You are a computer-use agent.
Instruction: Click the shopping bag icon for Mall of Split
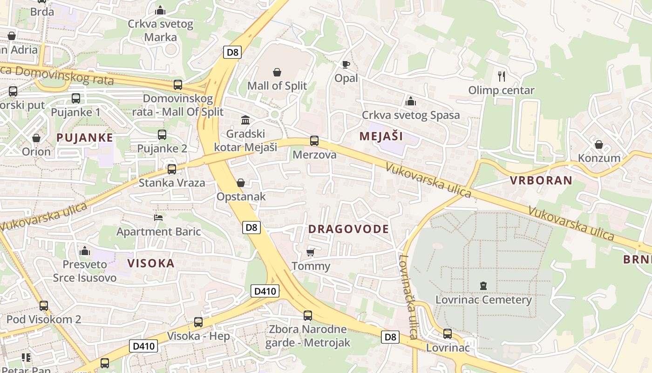pyautogui.click(x=277, y=72)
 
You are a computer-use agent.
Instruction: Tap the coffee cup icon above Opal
pyautogui.click(x=346, y=64)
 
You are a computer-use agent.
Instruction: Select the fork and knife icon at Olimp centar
pyautogui.click(x=502, y=76)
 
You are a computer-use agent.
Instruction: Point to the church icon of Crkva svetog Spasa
pyautogui.click(x=411, y=101)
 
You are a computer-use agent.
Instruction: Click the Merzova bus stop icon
pyautogui.click(x=314, y=141)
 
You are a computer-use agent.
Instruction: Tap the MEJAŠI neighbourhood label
pyautogui.click(x=381, y=137)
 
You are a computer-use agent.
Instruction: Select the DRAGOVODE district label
pyautogui.click(x=348, y=229)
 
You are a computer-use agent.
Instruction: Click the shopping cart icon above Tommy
pyautogui.click(x=311, y=253)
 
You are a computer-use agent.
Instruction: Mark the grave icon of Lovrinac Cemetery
pyautogui.click(x=483, y=286)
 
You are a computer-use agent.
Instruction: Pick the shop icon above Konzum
pyautogui.click(x=599, y=145)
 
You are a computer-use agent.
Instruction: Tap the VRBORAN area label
pyautogui.click(x=541, y=180)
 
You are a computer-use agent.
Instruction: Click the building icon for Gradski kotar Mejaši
pyautogui.click(x=245, y=120)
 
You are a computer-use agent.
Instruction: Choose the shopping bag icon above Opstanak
pyautogui.click(x=241, y=183)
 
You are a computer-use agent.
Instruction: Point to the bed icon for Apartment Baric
pyautogui.click(x=158, y=218)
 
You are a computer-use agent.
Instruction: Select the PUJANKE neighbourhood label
pyautogui.click(x=85, y=138)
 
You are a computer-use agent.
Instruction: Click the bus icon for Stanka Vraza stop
pyautogui.click(x=172, y=169)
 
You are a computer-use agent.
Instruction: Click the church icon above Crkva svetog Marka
pyautogui.click(x=160, y=10)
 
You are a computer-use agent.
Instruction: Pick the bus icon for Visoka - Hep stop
pyautogui.click(x=198, y=322)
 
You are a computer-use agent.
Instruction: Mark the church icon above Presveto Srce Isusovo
pyautogui.click(x=85, y=251)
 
